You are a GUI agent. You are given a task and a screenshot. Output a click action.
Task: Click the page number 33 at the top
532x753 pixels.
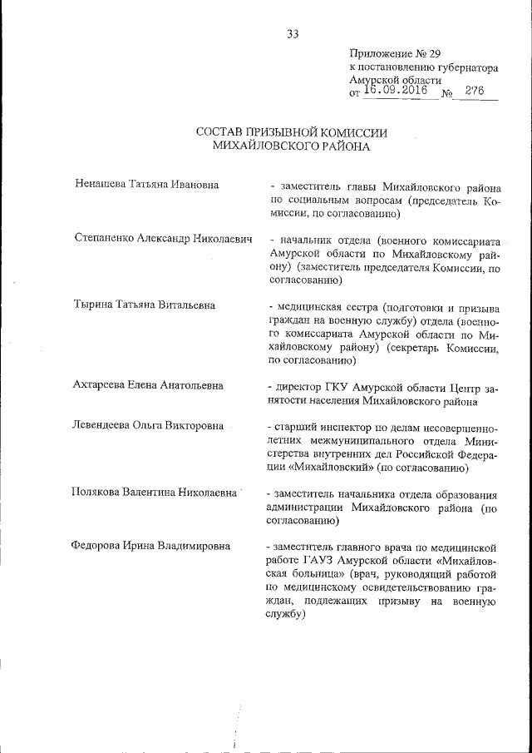click(x=293, y=34)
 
